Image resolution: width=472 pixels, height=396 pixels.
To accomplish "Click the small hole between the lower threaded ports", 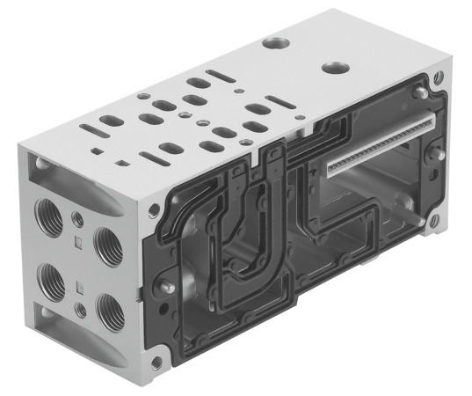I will (81, 308).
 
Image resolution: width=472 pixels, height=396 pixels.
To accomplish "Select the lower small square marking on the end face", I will (80, 283).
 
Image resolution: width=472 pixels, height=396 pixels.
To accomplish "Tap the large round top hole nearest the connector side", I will (334, 68).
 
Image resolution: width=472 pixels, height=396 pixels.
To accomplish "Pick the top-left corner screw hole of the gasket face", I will (155, 209).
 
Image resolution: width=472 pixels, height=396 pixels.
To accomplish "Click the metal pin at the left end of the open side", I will (164, 286).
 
